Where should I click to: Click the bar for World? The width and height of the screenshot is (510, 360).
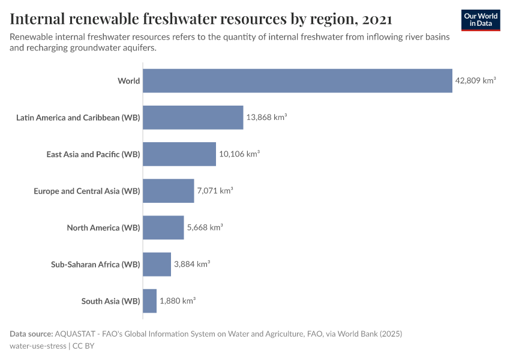coord(297,81)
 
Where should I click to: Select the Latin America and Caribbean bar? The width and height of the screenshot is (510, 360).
coord(193,118)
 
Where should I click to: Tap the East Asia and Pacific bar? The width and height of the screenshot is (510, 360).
coord(179,154)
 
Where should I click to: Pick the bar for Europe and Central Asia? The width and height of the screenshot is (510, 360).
coord(168,191)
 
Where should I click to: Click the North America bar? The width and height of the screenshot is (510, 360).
coord(163,227)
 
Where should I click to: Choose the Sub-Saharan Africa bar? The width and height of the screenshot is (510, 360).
coord(157,264)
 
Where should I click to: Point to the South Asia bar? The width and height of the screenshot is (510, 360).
coord(149,301)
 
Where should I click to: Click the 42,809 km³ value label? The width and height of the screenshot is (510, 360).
coord(475,81)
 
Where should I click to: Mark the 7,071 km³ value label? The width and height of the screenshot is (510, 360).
coord(215,191)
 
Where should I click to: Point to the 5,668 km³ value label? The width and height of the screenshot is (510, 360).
coord(205,227)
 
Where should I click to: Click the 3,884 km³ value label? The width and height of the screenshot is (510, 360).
coord(192,264)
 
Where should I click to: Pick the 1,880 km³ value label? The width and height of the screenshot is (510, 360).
coord(178,301)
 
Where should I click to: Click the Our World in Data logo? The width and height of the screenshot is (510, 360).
coord(481,20)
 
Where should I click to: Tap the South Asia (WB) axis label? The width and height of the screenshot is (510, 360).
coord(110,301)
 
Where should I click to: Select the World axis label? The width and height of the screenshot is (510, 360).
coord(128,81)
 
